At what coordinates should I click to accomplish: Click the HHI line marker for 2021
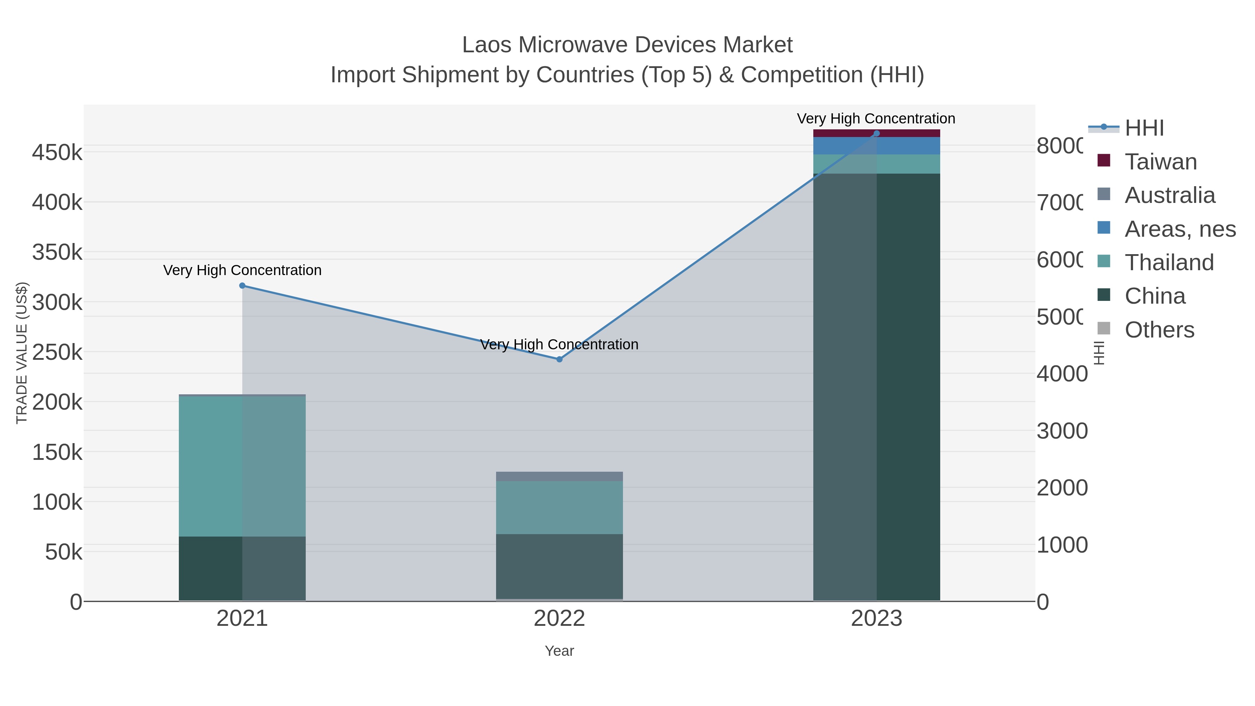(242, 286)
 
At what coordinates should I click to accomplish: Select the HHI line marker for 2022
(559, 359)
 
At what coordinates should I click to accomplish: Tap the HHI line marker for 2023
(876, 134)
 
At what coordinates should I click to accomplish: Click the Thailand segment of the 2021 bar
(242, 466)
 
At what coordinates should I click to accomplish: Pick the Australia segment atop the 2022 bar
(559, 476)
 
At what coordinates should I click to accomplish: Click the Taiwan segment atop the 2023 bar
(876, 133)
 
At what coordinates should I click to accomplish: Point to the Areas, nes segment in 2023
(876, 146)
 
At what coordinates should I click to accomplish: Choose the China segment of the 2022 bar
(559, 566)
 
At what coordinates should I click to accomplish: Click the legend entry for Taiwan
(1161, 162)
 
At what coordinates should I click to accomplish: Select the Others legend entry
(1159, 330)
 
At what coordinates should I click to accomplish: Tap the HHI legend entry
(1144, 128)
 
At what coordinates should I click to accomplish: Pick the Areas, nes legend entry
(1179, 229)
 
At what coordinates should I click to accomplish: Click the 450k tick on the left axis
(57, 152)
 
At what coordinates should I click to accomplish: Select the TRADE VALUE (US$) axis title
(22, 353)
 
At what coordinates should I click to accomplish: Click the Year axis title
(559, 651)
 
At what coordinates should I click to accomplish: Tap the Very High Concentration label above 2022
(559, 344)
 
